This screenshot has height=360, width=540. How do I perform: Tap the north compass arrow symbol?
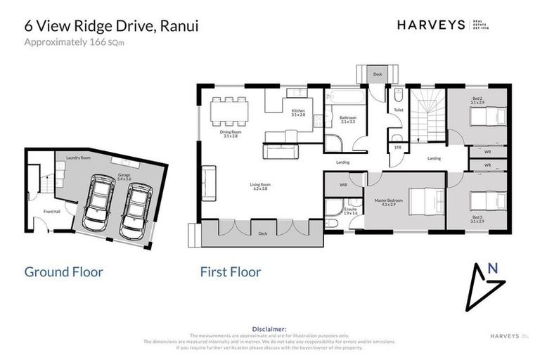pyautogui.click(x=484, y=281)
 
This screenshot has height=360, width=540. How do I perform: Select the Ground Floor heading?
pyautogui.click(x=64, y=271)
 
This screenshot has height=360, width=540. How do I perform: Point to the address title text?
pyautogui.click(x=111, y=26)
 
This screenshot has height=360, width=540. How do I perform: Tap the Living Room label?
pyautogui.click(x=260, y=187)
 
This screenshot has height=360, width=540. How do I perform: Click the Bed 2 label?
pyautogui.click(x=477, y=101)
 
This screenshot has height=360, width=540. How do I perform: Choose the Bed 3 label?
pyautogui.click(x=477, y=219)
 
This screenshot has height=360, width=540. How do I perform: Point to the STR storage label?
pyautogui.click(x=397, y=148)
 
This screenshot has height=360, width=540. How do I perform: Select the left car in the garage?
pyautogui.click(x=101, y=203)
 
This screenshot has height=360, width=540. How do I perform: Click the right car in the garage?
pyautogui.click(x=136, y=210)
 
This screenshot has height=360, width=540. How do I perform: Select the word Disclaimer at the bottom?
pyautogui.click(x=269, y=328)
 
